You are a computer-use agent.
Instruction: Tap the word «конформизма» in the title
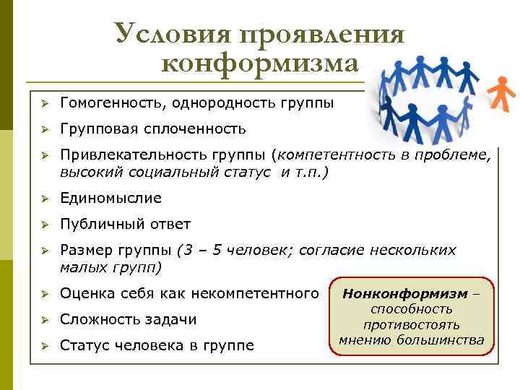coord(260,64)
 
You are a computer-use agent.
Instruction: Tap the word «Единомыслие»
coord(110,198)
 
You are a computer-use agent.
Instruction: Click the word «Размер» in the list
coord(85,250)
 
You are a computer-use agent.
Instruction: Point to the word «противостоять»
coord(412,324)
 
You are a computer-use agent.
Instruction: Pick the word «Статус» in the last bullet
coord(84,345)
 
